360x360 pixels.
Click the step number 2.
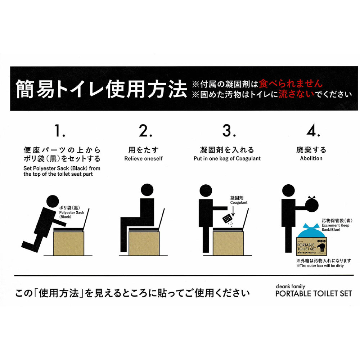[x=143, y=131]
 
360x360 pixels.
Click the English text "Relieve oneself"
[x=143, y=158]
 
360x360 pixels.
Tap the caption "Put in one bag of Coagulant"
[x=227, y=158]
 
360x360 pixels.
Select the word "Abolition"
[x=311, y=158]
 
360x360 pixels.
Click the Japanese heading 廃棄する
[x=311, y=150]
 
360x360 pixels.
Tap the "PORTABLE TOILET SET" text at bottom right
[x=313, y=293]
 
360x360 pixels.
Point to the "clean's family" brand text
[x=290, y=286]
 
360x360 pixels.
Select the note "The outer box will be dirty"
[x=320, y=266]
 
